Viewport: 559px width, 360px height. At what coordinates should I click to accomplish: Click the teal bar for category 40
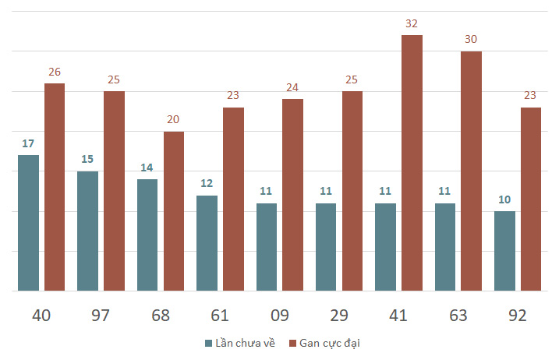tap(28, 223)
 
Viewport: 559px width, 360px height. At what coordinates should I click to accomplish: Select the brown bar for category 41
tap(412, 163)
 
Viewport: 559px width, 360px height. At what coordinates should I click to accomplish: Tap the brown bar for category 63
tap(471, 171)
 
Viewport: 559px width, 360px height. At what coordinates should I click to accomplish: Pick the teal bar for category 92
tap(504, 251)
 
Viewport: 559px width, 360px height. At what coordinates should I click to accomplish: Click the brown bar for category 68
tap(174, 211)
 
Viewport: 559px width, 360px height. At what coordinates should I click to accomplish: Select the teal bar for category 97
tap(88, 231)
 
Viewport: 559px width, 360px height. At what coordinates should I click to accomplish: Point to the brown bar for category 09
tap(292, 195)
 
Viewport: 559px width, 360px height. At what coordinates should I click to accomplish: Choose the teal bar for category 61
tap(207, 243)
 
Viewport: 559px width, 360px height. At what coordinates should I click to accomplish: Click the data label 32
tap(412, 23)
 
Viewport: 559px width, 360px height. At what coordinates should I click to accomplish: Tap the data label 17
tap(28, 143)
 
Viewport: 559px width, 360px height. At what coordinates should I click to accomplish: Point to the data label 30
tap(471, 40)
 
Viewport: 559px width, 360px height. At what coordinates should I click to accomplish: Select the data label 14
tap(147, 168)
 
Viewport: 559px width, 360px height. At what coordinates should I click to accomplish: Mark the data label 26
tap(55, 72)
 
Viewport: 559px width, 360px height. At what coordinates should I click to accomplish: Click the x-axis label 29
tap(339, 316)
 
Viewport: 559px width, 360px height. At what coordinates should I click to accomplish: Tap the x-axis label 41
tap(398, 316)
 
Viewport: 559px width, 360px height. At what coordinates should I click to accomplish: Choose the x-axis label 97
tap(101, 316)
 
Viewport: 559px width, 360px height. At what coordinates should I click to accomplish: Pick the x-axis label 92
tap(517, 316)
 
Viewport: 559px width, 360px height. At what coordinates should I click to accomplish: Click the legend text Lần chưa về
tap(245, 343)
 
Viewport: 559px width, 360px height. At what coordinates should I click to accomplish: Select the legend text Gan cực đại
tap(331, 343)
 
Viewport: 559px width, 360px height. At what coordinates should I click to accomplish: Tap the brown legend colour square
tap(293, 343)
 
